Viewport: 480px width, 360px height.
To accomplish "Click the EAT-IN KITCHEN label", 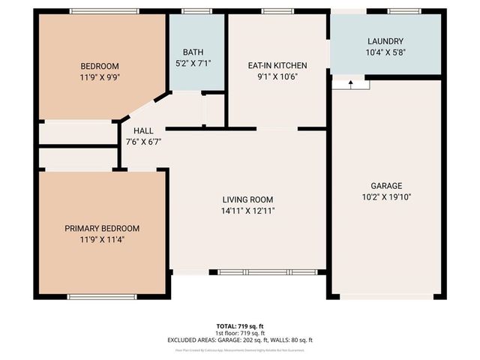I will (x=277, y=66).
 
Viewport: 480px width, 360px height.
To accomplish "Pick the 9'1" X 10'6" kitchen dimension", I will (x=277, y=76).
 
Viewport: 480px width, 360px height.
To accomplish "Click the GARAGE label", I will (x=386, y=186).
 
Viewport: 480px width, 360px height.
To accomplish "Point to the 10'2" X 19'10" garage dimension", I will (x=386, y=196).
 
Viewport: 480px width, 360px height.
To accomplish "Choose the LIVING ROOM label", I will (x=247, y=199).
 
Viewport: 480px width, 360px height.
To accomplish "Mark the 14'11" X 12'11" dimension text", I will (x=247, y=211).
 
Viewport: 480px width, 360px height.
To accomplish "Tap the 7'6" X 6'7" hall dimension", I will (x=142, y=141).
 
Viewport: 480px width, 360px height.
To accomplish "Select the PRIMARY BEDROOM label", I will (x=101, y=229).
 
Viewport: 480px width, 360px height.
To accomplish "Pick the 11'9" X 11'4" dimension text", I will (x=101, y=239).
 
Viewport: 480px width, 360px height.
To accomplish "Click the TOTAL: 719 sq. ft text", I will (x=240, y=326).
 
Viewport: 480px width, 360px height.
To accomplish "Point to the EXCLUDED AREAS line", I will (x=240, y=340).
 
